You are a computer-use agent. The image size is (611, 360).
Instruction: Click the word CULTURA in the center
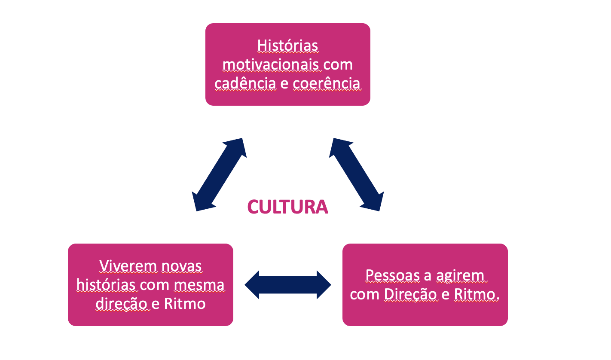pyautogui.click(x=287, y=207)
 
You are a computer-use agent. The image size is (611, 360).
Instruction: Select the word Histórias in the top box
pyautogui.click(x=287, y=46)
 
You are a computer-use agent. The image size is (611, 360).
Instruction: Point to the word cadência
pyautogui.click(x=245, y=83)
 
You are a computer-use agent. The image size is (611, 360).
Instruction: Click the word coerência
pyautogui.click(x=327, y=83)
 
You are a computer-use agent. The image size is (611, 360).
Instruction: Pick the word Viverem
pyautogui.click(x=128, y=266)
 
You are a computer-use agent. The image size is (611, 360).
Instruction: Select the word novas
pyautogui.click(x=181, y=266)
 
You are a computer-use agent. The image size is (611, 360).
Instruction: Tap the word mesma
pyautogui.click(x=199, y=285)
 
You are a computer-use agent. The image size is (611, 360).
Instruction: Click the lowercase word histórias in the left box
pyautogui.click(x=106, y=285)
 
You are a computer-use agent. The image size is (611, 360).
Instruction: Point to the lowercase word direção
pyautogui.click(x=121, y=304)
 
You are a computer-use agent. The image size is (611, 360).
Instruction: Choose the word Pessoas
pyautogui.click(x=393, y=275)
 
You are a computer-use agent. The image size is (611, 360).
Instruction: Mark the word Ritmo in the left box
pyautogui.click(x=185, y=304)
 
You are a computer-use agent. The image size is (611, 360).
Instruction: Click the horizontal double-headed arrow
pyautogui.click(x=288, y=285)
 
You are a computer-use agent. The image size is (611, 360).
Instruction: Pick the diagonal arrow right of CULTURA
pyautogui.click(x=356, y=174)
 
